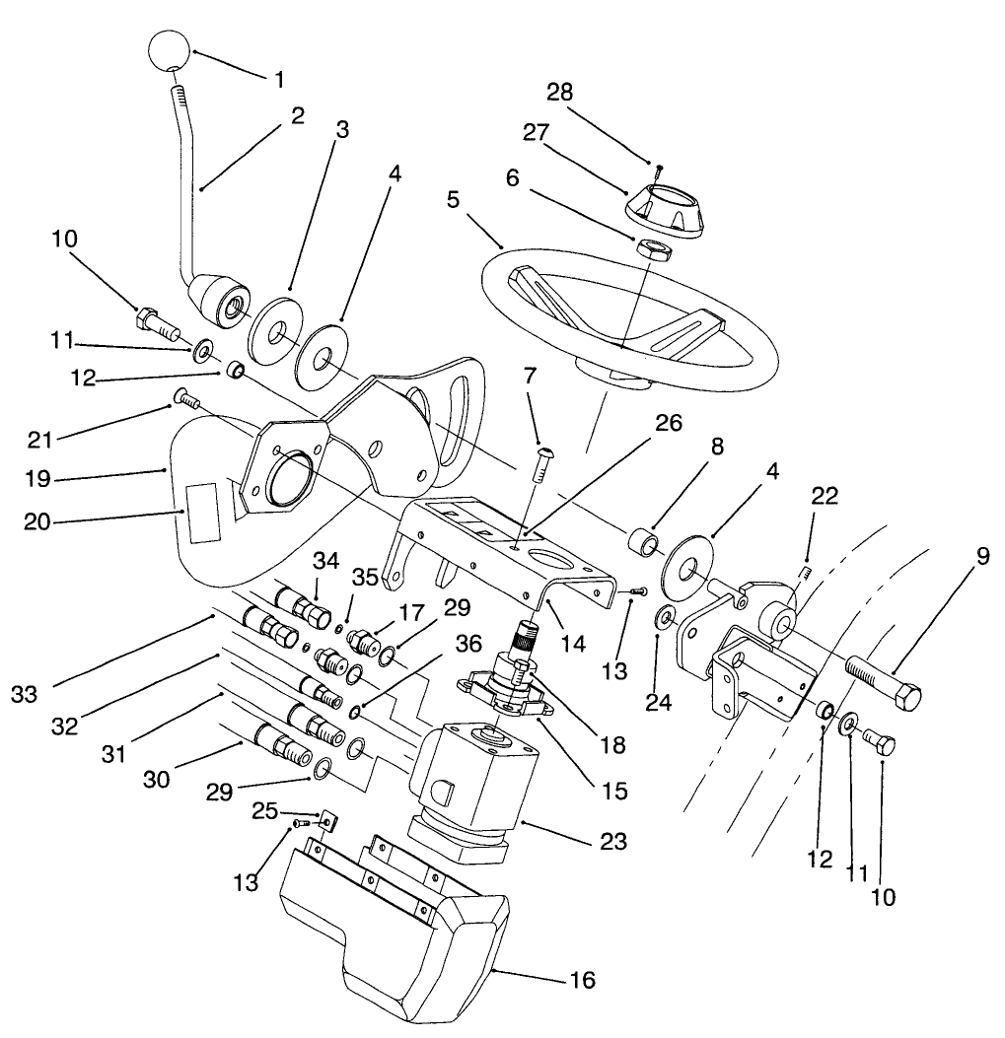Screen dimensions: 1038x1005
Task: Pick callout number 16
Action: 582,980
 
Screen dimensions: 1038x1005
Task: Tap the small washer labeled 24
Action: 665,617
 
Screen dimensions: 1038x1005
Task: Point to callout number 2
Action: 297,115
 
